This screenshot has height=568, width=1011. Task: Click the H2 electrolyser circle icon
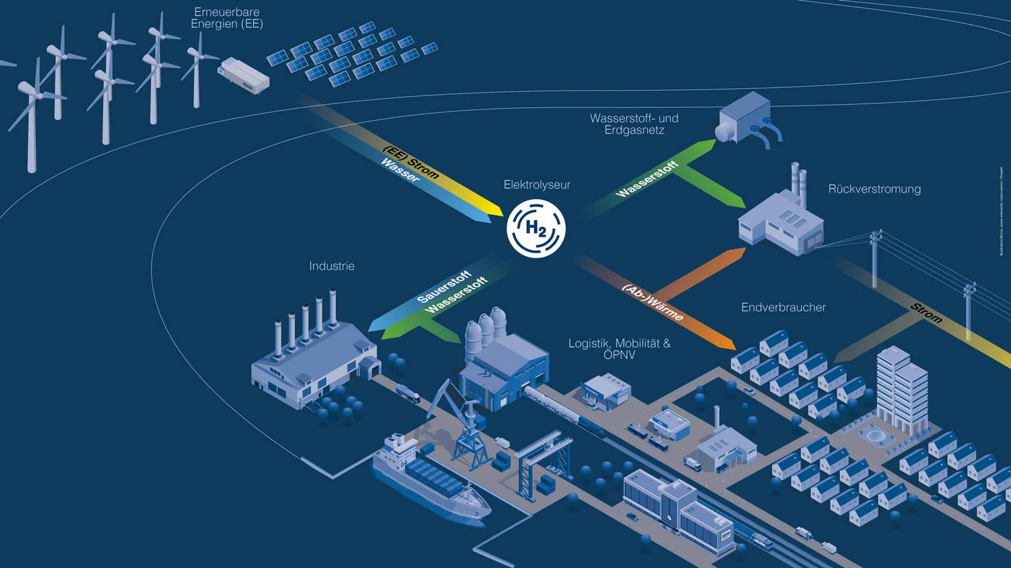point(536,228)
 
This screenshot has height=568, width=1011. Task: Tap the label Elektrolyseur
point(536,185)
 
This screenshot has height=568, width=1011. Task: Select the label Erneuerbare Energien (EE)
point(227,18)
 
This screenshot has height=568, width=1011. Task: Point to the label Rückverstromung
point(874,189)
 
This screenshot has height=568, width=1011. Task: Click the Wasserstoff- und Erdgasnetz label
point(634,124)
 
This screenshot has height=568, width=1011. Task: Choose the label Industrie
point(332,266)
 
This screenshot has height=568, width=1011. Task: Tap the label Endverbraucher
point(783,307)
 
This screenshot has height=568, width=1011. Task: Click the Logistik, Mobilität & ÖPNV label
point(619,349)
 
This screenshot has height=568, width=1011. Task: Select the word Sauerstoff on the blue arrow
point(444,287)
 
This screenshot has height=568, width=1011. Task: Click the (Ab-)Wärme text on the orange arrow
point(653,302)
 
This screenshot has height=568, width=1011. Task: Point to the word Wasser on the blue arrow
point(400,170)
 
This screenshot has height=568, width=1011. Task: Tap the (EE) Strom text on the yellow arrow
point(411,162)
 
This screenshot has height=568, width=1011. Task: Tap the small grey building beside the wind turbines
point(244,75)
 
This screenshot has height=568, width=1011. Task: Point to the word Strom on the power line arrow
point(926,313)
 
